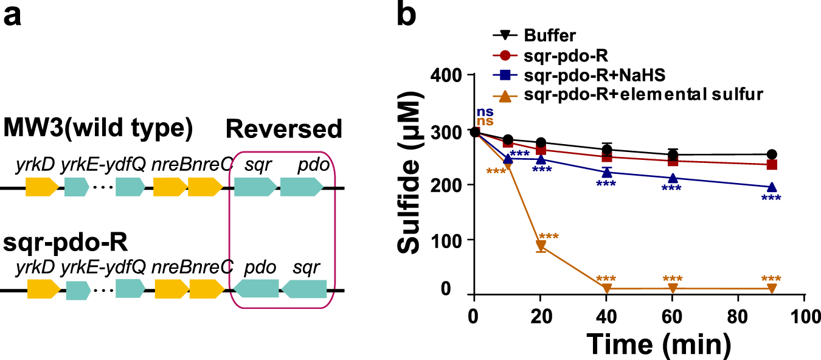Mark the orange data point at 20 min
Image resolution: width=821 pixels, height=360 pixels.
tap(540, 246)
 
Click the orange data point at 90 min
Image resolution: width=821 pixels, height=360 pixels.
tap(772, 288)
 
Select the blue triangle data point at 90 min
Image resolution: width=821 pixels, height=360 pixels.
tap(772, 187)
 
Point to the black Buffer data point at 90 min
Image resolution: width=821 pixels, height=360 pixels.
tap(772, 154)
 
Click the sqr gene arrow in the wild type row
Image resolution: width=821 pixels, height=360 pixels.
tap(254, 187)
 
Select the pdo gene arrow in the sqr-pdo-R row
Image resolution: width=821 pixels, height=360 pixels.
tap(256, 289)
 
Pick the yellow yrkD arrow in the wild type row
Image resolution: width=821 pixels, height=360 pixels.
tap(42, 187)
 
